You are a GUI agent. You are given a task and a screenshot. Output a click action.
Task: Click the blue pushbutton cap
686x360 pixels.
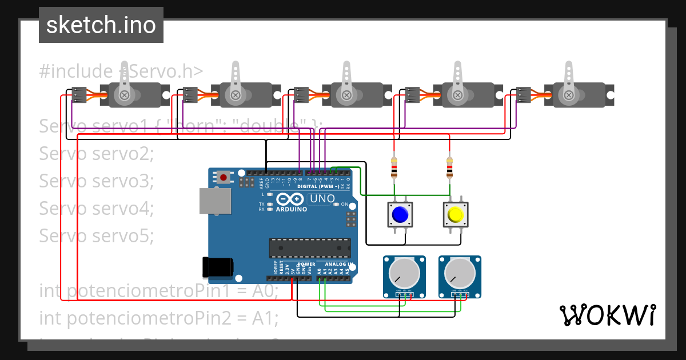400,215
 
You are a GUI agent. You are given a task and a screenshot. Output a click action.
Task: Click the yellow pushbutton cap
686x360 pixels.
455,215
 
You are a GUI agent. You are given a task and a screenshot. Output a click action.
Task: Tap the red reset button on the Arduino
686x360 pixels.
224,178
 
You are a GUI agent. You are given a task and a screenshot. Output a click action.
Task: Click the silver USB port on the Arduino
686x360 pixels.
215,201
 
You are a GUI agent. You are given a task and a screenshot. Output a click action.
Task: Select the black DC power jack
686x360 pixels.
218,267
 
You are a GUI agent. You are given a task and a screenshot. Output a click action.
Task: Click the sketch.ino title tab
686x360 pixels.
101,25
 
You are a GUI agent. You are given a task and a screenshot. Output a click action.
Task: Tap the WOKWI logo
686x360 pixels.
607,315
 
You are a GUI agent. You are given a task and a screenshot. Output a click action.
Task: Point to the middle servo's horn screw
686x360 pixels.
346,95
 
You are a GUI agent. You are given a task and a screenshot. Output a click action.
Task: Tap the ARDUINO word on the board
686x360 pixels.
292,209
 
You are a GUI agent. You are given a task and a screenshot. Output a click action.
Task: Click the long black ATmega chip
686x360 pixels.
310,247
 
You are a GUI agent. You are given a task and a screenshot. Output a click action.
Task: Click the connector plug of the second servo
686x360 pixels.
190,94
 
